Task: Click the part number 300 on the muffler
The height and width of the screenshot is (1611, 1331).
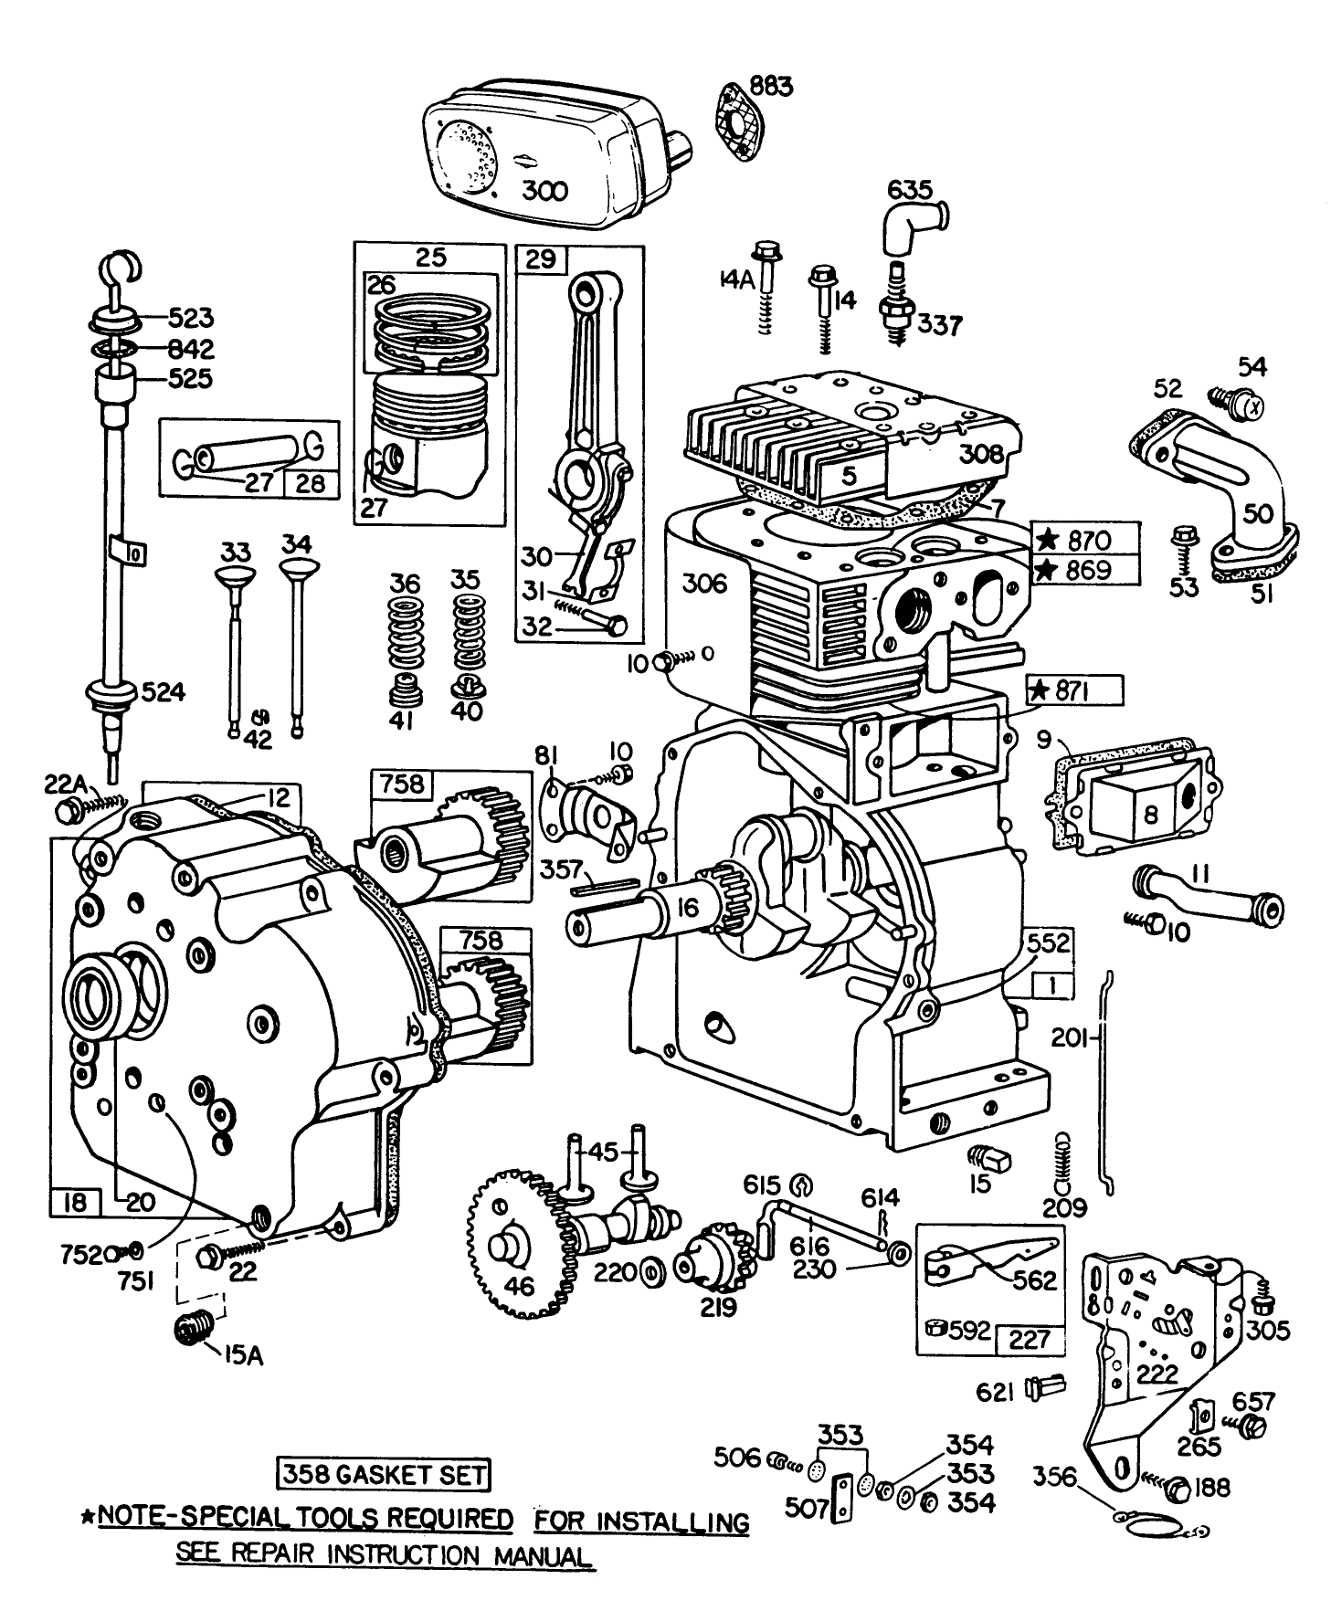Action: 546,191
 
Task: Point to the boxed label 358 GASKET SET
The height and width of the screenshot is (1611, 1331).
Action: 383,1473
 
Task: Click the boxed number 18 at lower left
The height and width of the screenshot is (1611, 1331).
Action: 76,1202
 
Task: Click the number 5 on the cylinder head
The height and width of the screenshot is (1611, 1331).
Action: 849,475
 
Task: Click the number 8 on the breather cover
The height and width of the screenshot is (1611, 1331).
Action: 1150,813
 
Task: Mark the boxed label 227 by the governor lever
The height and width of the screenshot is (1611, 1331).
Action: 1029,1341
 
